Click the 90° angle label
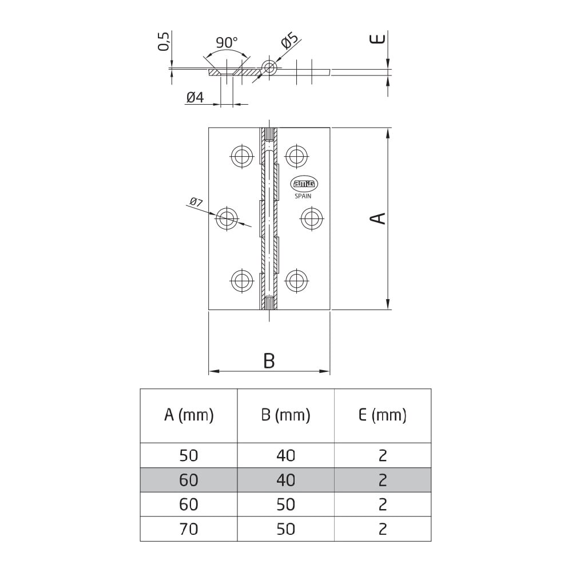[x=227, y=43]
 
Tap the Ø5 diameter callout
[x=290, y=41]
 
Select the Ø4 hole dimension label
[x=195, y=97]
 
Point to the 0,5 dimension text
[x=164, y=41]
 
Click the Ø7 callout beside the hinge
[x=196, y=202]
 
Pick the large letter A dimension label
[x=378, y=218]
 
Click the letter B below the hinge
[x=269, y=361]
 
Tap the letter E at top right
[x=378, y=39]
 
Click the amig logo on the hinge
[x=304, y=184]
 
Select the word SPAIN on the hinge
[x=303, y=196]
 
